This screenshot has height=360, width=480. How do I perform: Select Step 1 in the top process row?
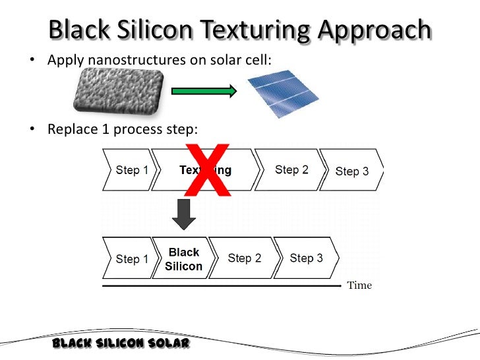click(x=132, y=170)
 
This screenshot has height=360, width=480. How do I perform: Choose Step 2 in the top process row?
click(x=291, y=170)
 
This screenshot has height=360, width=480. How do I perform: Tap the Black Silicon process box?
click(x=184, y=259)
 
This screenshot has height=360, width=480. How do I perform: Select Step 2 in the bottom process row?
click(x=245, y=258)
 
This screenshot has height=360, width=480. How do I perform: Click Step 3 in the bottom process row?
click(x=306, y=258)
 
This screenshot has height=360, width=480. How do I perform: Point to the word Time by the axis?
click(x=359, y=285)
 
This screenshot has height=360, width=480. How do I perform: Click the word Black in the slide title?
click(x=87, y=30)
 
